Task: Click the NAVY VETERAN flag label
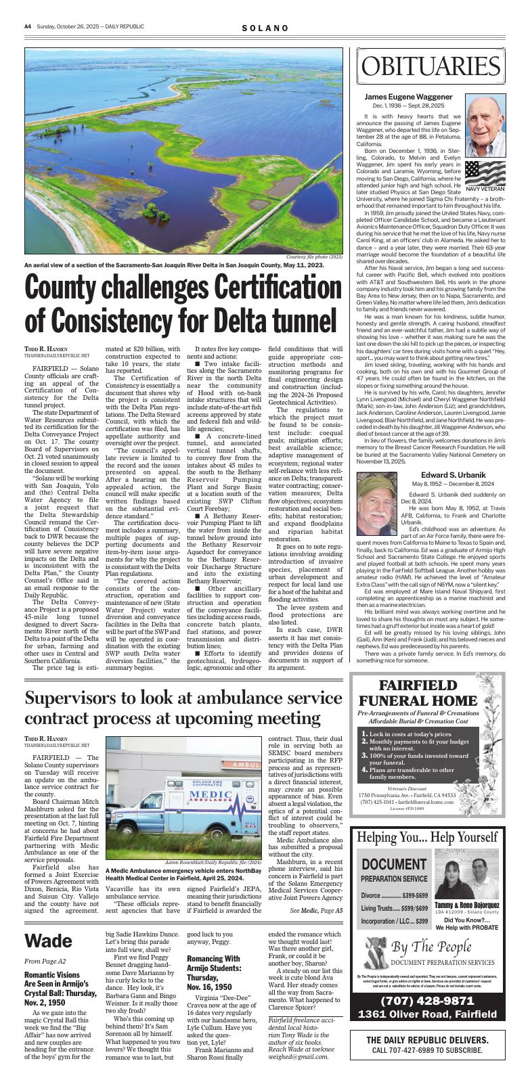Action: click(485, 189)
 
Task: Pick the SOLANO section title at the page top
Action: click(265, 28)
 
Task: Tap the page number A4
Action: click(28, 27)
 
